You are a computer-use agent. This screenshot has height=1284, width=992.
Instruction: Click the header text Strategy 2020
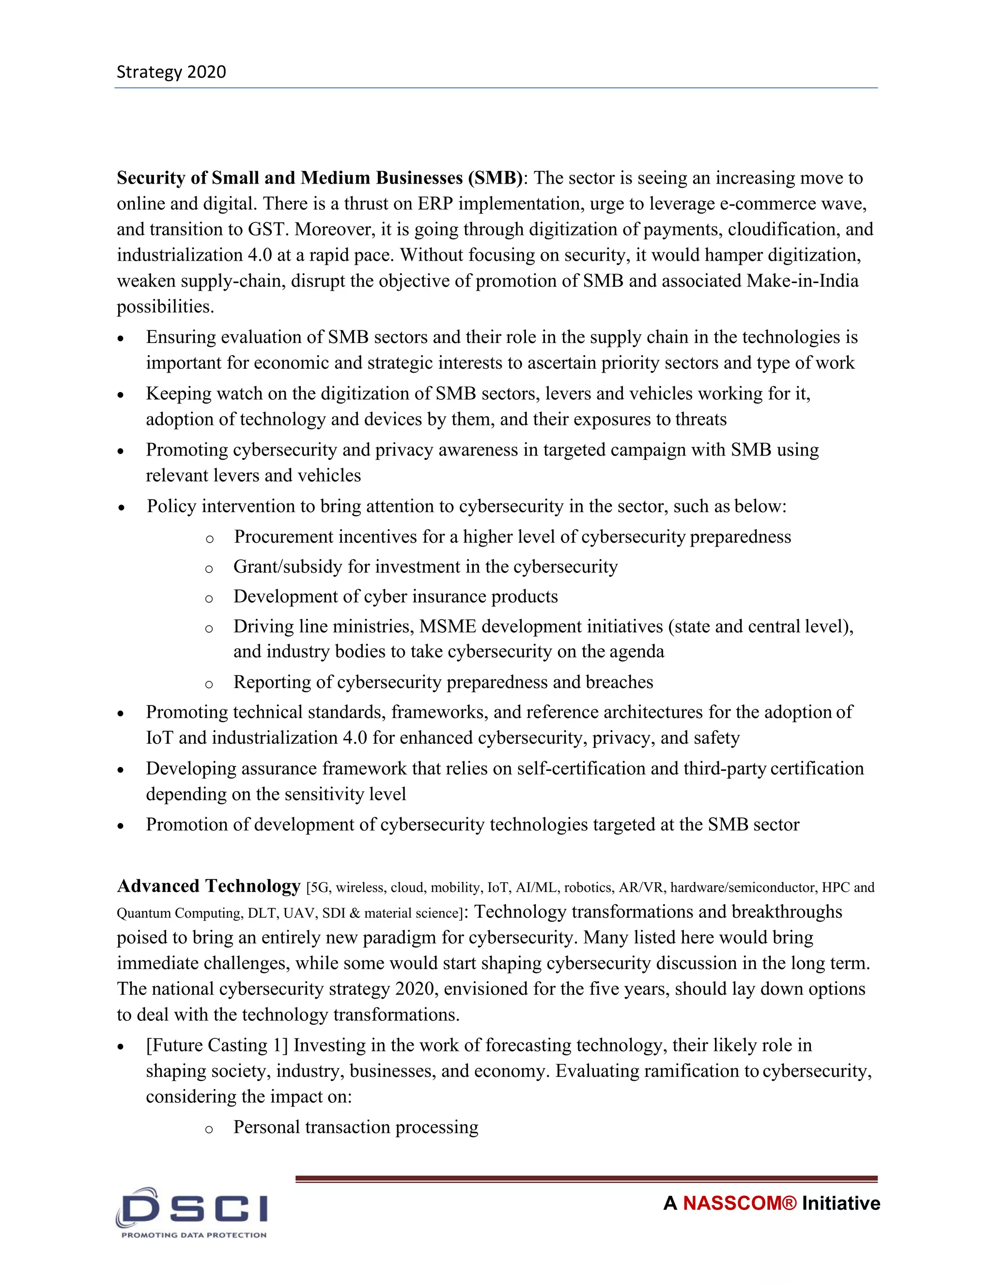coord(171,72)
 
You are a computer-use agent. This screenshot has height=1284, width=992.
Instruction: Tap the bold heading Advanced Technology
coord(209,885)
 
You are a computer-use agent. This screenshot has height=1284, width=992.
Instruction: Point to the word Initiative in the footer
coord(840,1203)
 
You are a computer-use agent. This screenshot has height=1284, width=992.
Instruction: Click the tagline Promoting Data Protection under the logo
coord(194,1235)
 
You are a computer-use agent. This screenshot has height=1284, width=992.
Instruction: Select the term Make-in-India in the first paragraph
coord(802,281)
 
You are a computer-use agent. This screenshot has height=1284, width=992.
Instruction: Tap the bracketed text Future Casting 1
coord(217,1045)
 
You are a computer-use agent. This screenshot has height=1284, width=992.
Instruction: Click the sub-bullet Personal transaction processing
coord(356,1127)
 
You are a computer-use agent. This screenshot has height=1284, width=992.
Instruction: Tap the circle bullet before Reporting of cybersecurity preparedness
coord(209,684)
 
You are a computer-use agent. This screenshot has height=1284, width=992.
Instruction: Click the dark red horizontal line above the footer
coord(586,1178)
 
